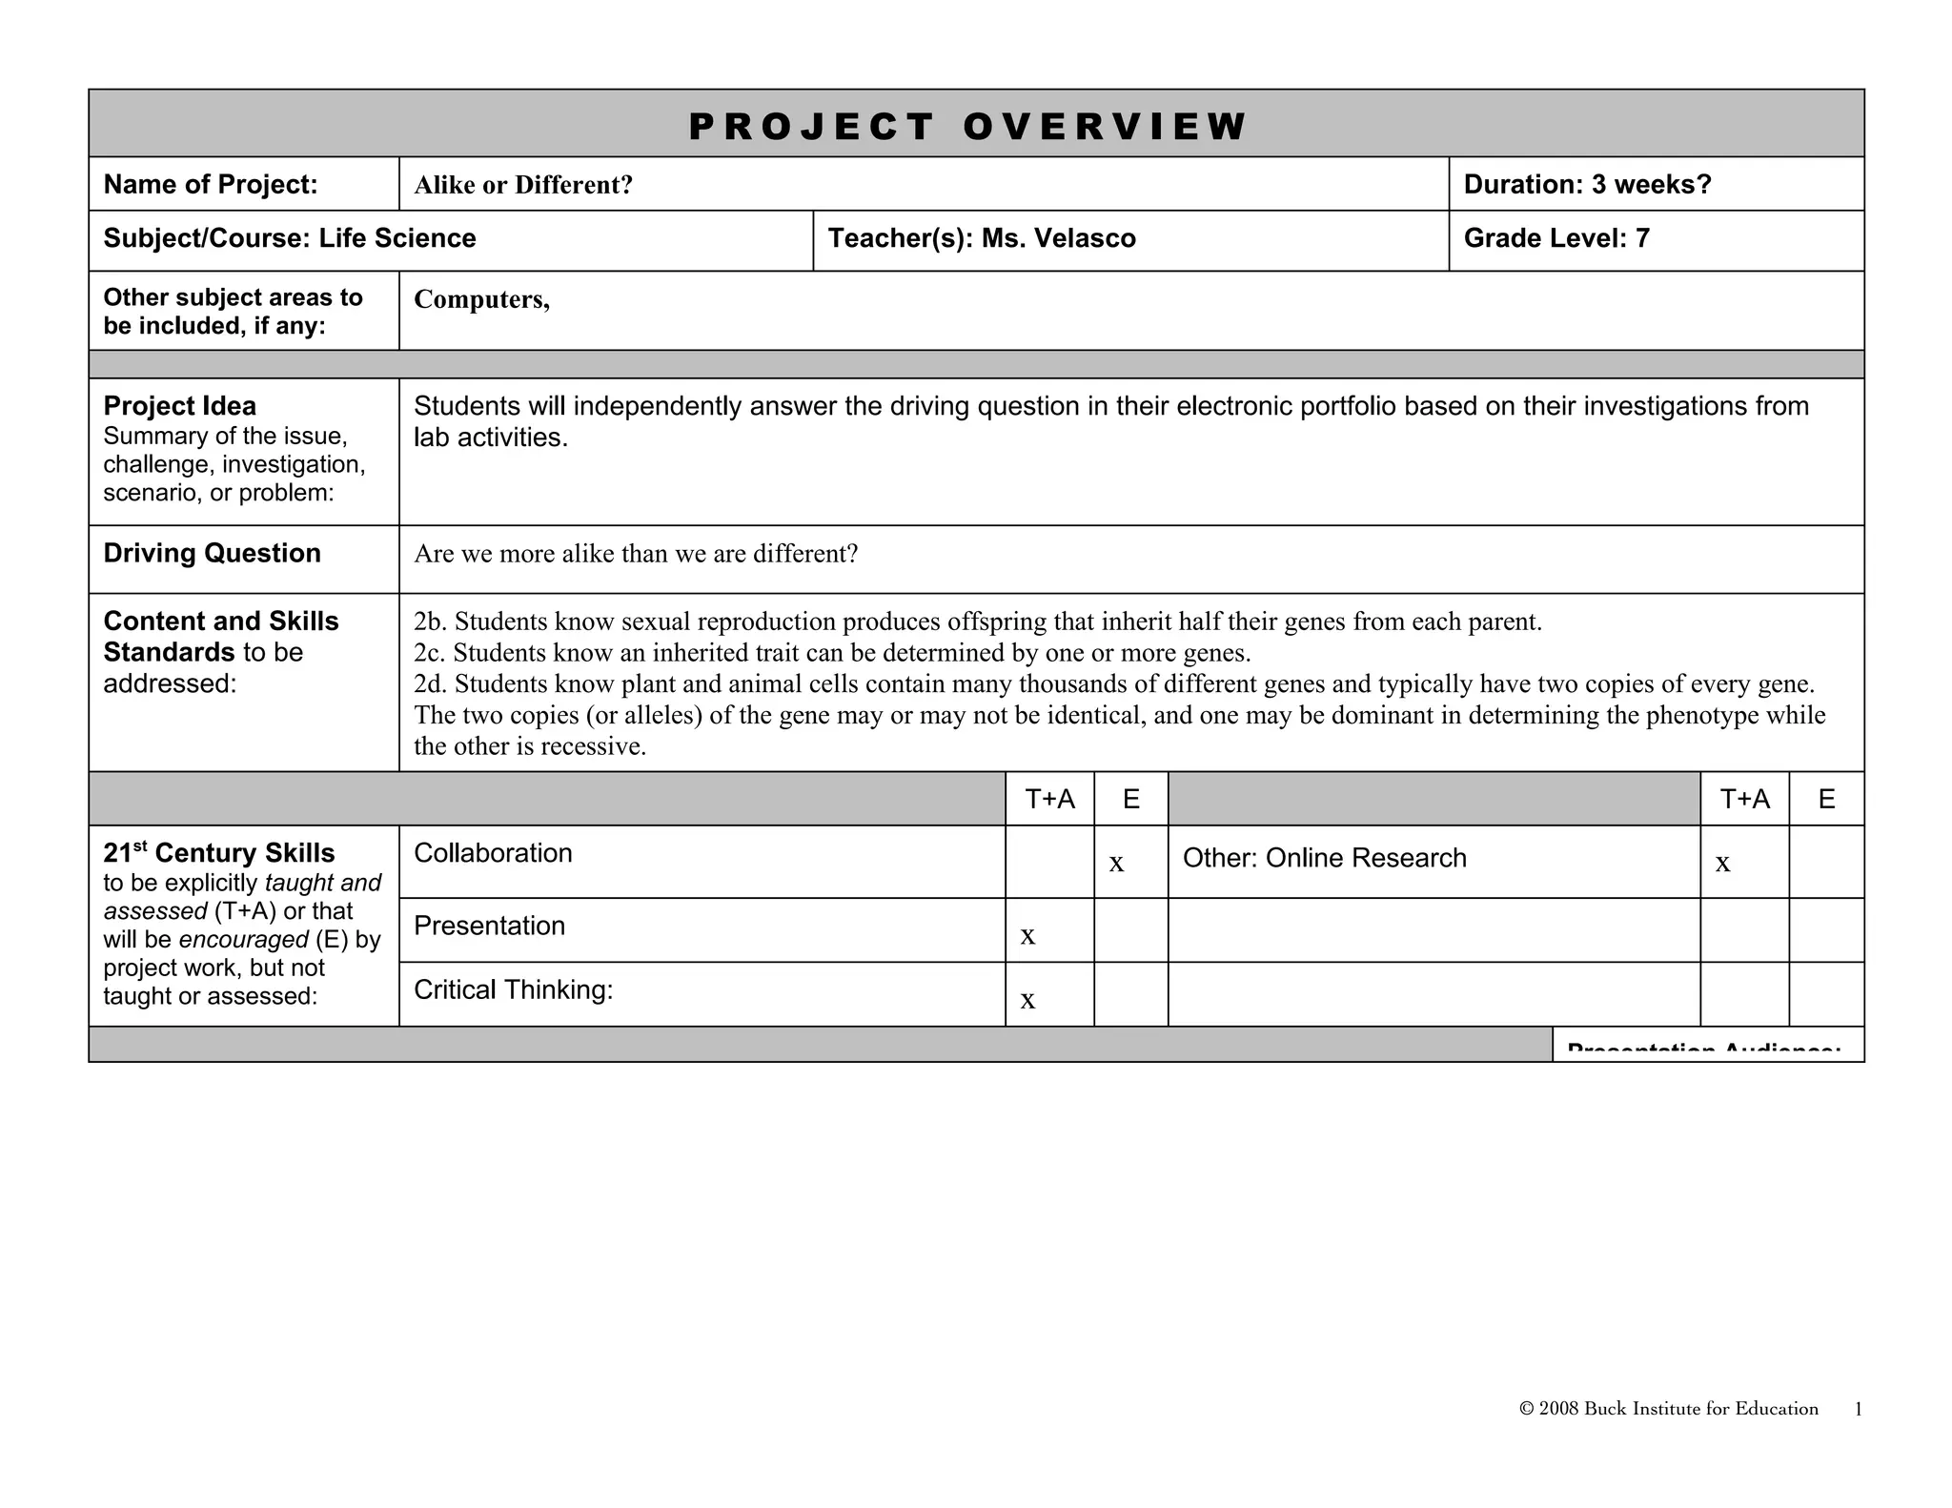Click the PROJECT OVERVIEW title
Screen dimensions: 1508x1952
pos(966,127)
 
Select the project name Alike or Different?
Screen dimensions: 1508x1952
pos(523,185)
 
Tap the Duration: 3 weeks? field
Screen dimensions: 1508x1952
pos(1587,185)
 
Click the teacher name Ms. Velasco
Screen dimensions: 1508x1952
pos(1058,238)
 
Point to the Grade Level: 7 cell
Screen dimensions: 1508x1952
pos(1555,238)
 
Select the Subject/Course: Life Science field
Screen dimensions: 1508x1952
pos(290,238)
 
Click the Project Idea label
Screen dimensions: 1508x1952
pos(179,406)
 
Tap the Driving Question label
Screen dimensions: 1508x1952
pos(212,553)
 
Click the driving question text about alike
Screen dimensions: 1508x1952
pos(636,554)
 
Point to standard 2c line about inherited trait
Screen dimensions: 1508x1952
pos(831,653)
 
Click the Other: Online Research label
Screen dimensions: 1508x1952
pos(1324,858)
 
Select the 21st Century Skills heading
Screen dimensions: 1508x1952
pos(219,853)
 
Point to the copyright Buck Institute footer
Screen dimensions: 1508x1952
pos(1668,1409)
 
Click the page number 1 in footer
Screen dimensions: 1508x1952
pos(1858,1410)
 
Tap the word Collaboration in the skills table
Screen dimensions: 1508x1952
pos(493,853)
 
